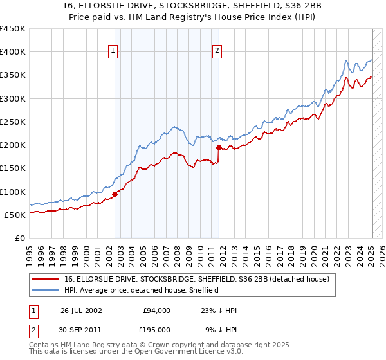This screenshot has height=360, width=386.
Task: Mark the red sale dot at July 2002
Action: (115, 194)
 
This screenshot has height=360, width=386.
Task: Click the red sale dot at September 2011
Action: (219, 147)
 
